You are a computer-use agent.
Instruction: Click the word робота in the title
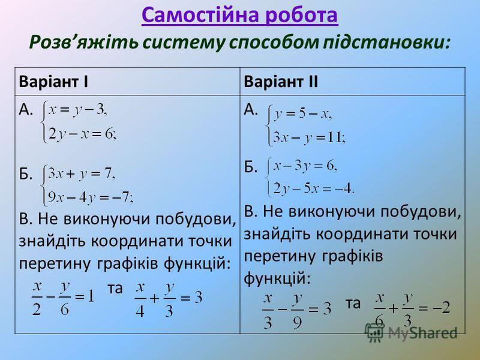coord(302,16)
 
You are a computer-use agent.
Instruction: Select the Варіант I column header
coord(53,82)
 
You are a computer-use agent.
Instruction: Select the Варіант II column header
coord(281,82)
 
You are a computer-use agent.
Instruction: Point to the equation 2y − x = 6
coord(82,133)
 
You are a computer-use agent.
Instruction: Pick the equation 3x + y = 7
coord(82,174)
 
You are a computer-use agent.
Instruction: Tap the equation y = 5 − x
coord(302,114)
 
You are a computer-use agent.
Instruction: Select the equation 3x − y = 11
coord(309,138)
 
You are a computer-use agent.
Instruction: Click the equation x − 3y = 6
coord(305,166)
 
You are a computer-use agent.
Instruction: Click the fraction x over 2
coord(37,298)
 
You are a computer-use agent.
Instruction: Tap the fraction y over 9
coord(297,311)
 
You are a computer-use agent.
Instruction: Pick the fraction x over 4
coord(140,299)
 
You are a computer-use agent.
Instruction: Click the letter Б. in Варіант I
coord(26,174)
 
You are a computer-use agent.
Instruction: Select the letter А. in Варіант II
coord(251,109)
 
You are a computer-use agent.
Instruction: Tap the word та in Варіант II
coord(353,304)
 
